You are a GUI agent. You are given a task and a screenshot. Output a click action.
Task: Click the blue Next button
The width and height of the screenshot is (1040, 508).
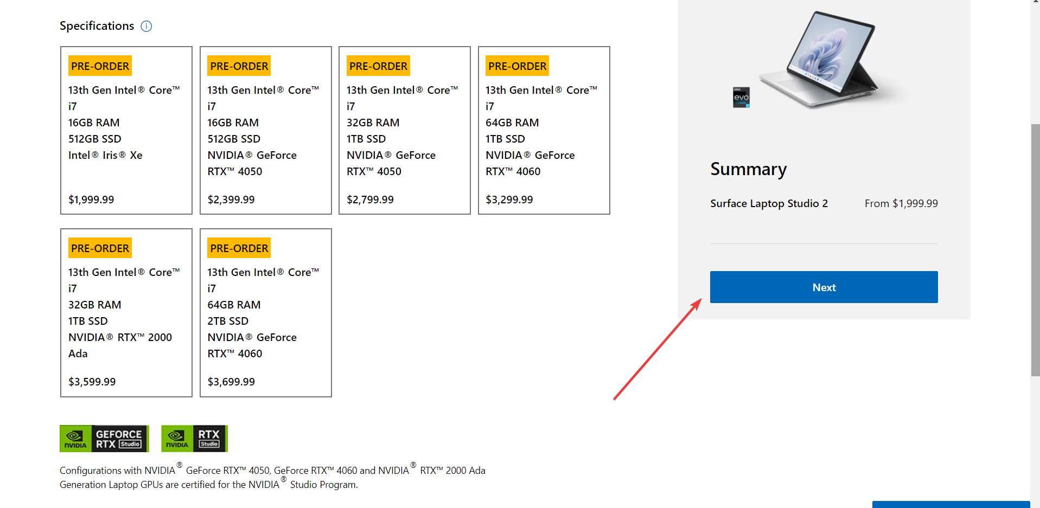[x=824, y=287]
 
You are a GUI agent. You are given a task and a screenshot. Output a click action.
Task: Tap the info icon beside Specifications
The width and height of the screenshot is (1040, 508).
[x=146, y=26]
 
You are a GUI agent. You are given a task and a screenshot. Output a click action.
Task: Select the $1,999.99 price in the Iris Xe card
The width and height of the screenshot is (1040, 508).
[x=91, y=200]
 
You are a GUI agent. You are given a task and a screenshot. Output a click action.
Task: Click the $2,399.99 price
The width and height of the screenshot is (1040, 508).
[x=231, y=200]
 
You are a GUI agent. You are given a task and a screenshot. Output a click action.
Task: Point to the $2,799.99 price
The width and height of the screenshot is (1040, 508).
[x=370, y=200]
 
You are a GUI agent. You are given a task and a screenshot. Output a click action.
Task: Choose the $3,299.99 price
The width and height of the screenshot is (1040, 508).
[x=509, y=200]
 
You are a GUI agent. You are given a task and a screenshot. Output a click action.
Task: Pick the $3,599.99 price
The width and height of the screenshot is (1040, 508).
[x=92, y=382]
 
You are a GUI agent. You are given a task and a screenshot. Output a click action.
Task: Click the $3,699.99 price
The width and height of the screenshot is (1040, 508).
[x=231, y=382]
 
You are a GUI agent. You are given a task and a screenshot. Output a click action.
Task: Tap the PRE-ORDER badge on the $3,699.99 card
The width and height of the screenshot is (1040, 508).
[x=239, y=248]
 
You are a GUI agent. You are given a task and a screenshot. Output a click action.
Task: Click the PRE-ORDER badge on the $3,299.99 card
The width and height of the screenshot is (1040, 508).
[x=517, y=66]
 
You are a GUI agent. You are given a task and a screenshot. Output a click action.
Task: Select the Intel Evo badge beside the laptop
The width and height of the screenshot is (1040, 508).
[x=741, y=98]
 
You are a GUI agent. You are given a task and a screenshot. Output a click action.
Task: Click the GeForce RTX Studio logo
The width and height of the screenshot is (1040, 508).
[x=104, y=439]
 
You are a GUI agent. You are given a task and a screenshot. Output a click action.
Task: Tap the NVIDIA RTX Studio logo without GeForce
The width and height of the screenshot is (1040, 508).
[x=194, y=439]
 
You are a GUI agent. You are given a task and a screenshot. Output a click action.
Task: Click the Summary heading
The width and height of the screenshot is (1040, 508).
[x=748, y=169]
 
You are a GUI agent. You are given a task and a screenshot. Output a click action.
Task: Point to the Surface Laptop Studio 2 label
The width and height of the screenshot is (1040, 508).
[x=769, y=203]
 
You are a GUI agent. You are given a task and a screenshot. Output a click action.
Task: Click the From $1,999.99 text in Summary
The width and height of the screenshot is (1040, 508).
[x=901, y=203]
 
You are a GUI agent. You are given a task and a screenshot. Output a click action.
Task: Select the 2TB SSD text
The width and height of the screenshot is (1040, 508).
[x=228, y=321]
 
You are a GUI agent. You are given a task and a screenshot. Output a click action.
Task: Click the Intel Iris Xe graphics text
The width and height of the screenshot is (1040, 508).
[x=105, y=155]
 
